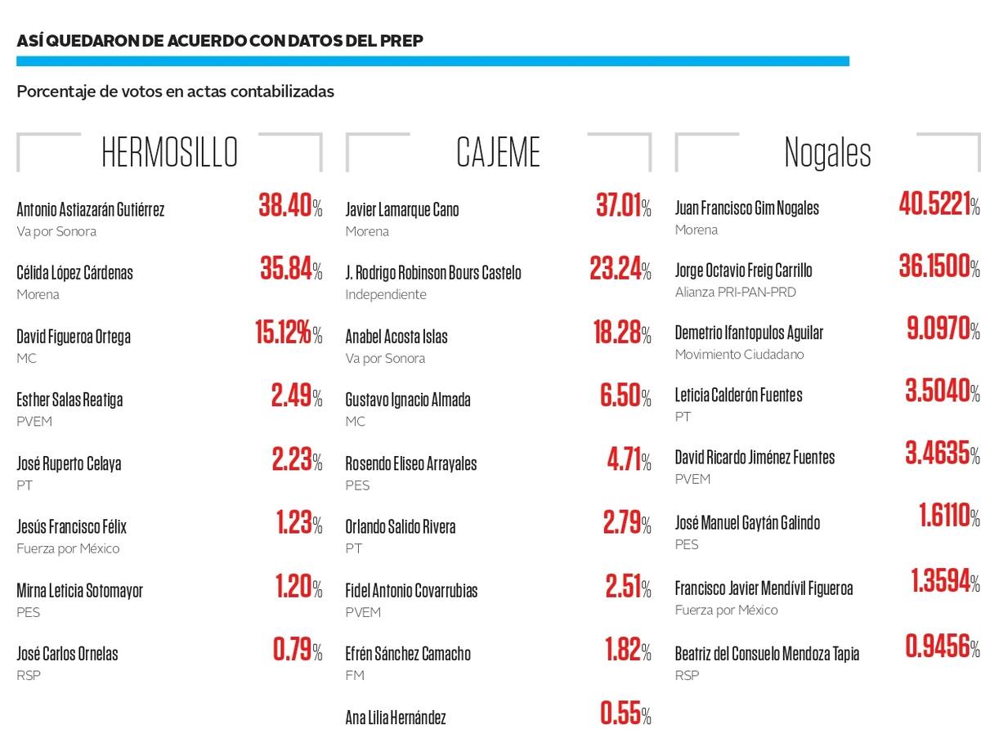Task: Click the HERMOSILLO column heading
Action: (x=169, y=152)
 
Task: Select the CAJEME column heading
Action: (x=499, y=152)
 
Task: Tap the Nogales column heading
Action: (x=827, y=152)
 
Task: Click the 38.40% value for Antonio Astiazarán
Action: (x=290, y=206)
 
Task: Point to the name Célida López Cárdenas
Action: (x=74, y=272)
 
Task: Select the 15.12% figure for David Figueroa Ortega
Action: (x=289, y=333)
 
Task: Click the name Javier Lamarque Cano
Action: (x=402, y=209)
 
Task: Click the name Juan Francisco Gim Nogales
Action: (x=746, y=208)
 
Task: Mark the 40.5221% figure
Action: (x=938, y=203)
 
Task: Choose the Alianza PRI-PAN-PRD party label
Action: (x=735, y=292)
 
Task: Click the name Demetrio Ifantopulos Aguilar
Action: (x=749, y=333)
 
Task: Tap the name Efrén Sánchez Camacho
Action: (x=408, y=654)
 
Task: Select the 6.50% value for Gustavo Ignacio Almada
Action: (x=625, y=396)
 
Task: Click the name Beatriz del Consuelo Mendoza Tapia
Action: (x=767, y=654)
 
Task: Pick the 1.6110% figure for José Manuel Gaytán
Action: (x=949, y=516)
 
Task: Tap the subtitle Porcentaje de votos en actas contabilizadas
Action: (x=175, y=92)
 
